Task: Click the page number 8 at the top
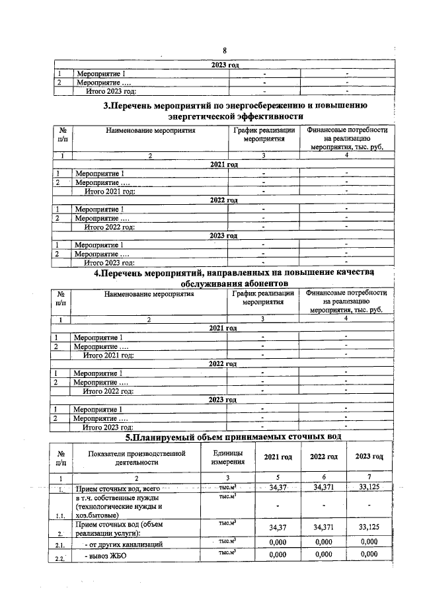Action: pos(225,51)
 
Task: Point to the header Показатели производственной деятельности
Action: pos(137,457)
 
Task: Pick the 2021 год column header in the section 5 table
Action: pos(278,457)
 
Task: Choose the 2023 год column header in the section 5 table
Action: pos(369,457)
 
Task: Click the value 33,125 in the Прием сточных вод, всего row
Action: pos(369,488)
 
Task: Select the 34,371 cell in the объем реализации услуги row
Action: pos(323,528)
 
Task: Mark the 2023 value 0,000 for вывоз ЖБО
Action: pos(369,554)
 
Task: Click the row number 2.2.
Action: pos(61,558)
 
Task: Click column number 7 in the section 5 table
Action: pos(369,477)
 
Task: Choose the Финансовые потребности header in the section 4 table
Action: pos(346,301)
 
